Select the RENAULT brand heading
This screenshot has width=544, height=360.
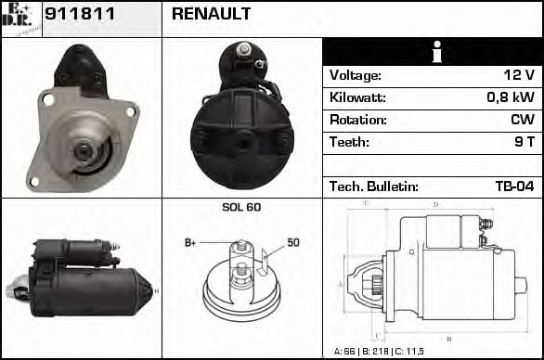211,16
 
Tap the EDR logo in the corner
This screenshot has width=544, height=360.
20,19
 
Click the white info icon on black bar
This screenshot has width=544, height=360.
434,52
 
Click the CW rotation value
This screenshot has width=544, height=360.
522,121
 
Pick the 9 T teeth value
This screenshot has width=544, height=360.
524,143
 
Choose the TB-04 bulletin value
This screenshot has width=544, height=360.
514,186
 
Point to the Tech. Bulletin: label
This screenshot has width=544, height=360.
374,186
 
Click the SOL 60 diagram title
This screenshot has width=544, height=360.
240,207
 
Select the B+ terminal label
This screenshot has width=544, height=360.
190,243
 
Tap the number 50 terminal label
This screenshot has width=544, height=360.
292,243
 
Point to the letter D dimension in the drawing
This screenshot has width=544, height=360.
435,204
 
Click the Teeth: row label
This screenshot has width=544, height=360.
349,143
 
